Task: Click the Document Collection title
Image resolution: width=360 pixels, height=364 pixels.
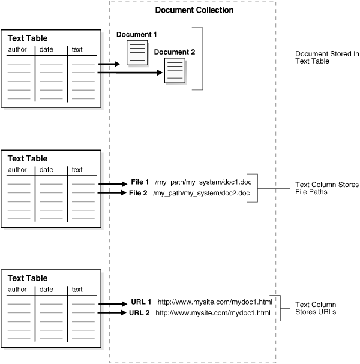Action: coord(194,10)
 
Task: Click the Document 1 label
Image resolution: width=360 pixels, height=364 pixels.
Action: coord(137,35)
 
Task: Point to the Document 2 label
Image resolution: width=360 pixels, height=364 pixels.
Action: coord(175,52)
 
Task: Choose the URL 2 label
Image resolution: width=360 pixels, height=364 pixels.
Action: coord(140,312)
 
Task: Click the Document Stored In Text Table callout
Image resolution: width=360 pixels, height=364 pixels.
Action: coord(327,58)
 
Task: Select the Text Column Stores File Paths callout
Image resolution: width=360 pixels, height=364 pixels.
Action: coord(327,189)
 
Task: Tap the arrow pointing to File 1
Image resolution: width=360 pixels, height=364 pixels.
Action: coord(112,184)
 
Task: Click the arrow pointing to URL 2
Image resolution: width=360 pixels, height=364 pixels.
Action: coord(112,312)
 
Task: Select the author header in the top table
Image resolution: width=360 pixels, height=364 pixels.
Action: coord(18,50)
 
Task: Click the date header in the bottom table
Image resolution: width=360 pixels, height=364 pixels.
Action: coord(46,290)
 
